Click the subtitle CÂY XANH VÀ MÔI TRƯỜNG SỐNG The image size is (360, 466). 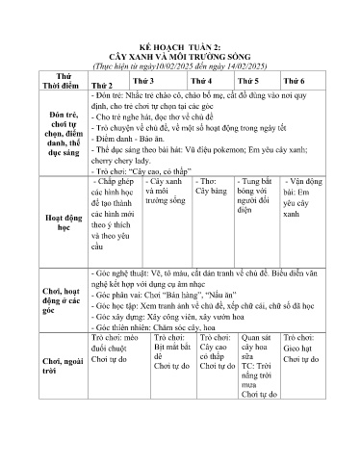180,56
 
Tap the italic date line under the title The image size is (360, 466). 180,65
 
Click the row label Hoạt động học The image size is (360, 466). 54,223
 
